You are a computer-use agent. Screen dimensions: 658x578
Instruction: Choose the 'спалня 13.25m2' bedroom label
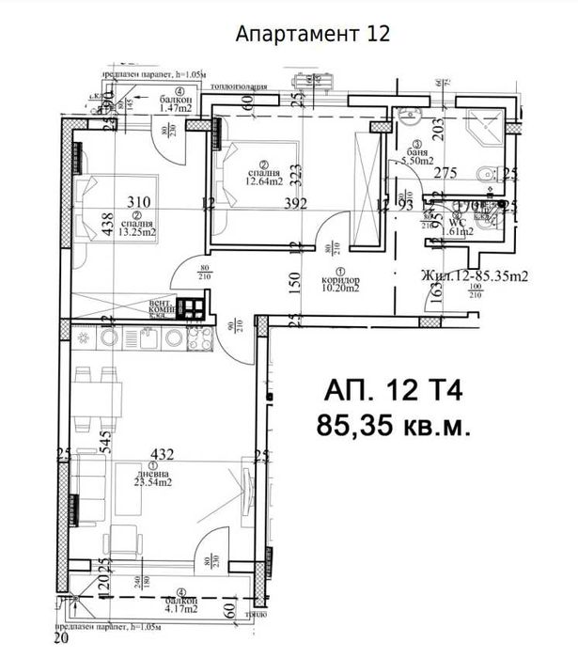(138, 227)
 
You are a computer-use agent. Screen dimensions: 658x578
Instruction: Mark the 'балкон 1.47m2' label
(175, 104)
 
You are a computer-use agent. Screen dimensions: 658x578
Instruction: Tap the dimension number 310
(138, 201)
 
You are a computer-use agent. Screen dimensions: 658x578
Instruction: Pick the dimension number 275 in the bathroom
(445, 173)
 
